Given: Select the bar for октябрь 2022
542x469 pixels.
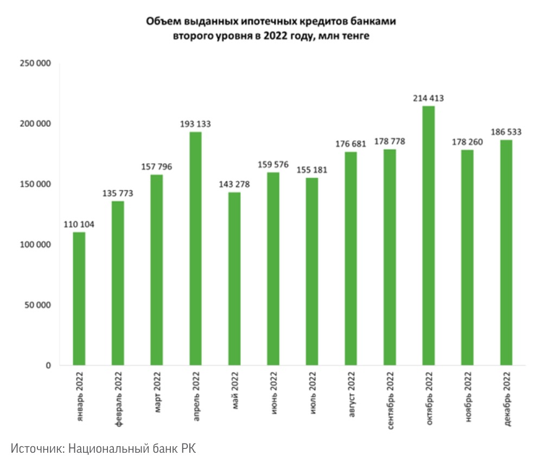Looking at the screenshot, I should click(428, 236).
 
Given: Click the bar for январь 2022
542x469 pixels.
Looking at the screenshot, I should click(79, 299).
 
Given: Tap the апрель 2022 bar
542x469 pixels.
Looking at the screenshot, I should click(195, 249).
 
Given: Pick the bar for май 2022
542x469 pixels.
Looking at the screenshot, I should click(234, 279).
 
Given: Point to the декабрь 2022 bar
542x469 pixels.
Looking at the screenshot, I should click(506, 253).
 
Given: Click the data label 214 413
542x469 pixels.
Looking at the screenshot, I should click(428, 98).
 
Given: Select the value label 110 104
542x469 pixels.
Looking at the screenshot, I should click(79, 224).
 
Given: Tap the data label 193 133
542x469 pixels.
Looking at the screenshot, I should click(195, 124).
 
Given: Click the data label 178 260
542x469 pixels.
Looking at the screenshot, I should click(467, 142).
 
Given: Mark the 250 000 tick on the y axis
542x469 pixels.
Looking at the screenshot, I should click(35, 64).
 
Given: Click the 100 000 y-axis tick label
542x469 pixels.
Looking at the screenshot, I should click(35, 245).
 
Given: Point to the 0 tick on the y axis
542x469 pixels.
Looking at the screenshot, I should click(48, 365).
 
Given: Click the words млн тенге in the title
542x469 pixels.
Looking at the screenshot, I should click(342, 37).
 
